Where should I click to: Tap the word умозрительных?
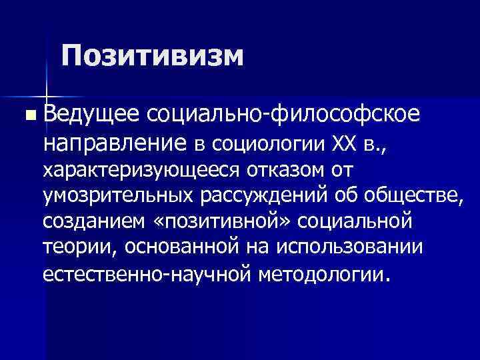115,196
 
